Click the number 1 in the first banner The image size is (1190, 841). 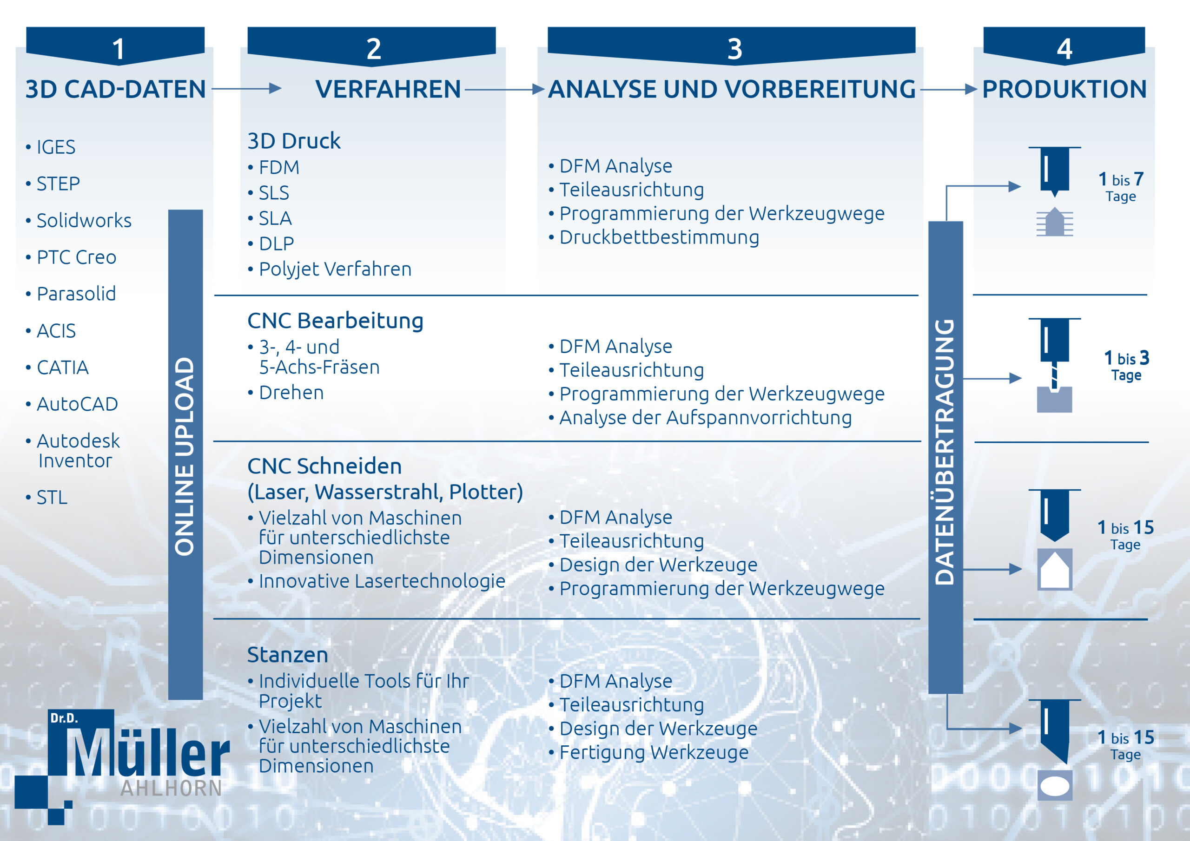[x=119, y=49]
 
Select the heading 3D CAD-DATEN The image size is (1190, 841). [x=116, y=89]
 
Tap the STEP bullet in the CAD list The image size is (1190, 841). [x=53, y=184]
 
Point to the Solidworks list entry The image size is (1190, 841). [x=78, y=220]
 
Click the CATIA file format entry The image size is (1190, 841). [x=57, y=368]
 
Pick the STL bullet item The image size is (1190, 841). [x=46, y=498]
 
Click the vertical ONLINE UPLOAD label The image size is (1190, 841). [x=185, y=456]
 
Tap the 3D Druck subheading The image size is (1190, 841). [x=294, y=141]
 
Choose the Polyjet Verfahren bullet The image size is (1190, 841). [x=330, y=269]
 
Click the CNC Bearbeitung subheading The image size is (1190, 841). [x=335, y=321]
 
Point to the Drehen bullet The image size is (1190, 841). [x=285, y=393]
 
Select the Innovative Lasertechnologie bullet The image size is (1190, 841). [x=376, y=581]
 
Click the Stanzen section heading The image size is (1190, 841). [x=288, y=655]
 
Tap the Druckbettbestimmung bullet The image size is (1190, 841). [x=654, y=237]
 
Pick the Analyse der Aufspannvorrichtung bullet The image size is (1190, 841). [x=700, y=418]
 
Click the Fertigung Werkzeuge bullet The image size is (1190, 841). [x=648, y=752]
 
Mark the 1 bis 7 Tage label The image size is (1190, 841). [x=1121, y=186]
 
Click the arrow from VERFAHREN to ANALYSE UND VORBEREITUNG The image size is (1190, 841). [x=504, y=90]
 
